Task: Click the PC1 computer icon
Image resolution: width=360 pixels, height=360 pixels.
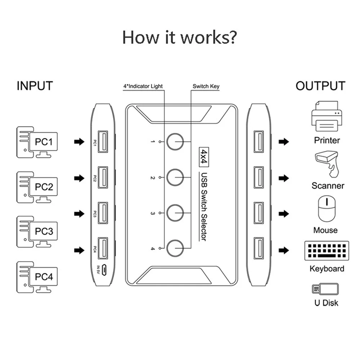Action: pyautogui.click(x=37, y=142)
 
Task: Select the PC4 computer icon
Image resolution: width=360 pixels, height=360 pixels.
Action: pyautogui.click(x=37, y=277)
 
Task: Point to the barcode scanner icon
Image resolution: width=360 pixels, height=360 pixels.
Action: pyautogui.click(x=327, y=164)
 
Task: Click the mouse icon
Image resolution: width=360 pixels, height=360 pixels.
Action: pyautogui.click(x=327, y=208)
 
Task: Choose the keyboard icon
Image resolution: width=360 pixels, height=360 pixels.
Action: pyautogui.click(x=327, y=251)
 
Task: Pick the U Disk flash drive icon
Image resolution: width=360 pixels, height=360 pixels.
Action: pyautogui.click(x=325, y=289)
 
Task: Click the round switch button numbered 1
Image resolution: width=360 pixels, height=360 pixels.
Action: pyautogui.click(x=175, y=141)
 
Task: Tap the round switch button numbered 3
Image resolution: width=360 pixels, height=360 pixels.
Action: pyautogui.click(x=175, y=213)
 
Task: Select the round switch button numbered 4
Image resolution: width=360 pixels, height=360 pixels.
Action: pyautogui.click(x=175, y=248)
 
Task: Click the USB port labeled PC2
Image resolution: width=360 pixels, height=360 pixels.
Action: pyautogui.click(x=103, y=177)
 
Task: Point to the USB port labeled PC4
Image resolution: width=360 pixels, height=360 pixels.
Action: pyautogui.click(x=103, y=248)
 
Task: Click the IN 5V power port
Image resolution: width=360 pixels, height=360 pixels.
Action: pyautogui.click(x=104, y=270)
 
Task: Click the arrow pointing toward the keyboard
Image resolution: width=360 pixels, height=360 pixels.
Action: pyautogui.click(x=284, y=250)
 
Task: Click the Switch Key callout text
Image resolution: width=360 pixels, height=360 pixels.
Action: pyautogui.click(x=206, y=86)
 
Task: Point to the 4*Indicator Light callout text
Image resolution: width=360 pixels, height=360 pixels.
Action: pyautogui.click(x=143, y=86)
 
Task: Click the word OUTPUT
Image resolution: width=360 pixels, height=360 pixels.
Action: pyautogui.click(x=320, y=86)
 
